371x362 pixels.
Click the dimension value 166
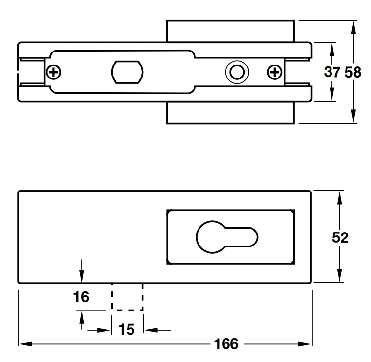pos(226,344)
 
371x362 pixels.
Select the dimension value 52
pos(341,237)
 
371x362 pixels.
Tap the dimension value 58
pos(353,72)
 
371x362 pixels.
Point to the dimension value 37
pos(332,72)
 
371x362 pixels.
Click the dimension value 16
pos(81,297)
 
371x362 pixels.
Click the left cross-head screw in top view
pos(54,73)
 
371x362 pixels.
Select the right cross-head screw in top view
pos(275,73)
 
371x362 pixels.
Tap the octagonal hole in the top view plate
pos(127,72)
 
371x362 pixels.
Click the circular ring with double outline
pos(236,72)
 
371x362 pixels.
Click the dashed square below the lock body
pos(127,297)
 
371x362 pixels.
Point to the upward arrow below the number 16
pos(82,317)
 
